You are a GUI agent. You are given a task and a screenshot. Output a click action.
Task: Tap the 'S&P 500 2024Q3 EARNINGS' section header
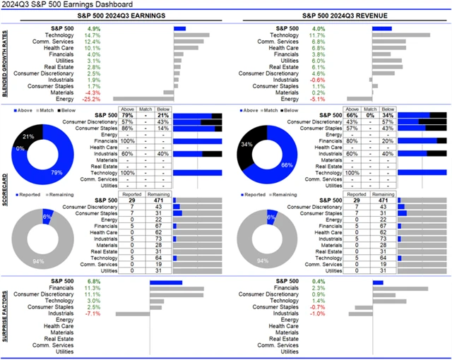pos(121,16)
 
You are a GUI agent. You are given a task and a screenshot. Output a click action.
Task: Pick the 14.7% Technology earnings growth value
pos(93,35)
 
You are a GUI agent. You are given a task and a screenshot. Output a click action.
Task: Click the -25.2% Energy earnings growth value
pos(93,99)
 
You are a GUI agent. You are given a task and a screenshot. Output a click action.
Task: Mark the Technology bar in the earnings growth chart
pos(191,35)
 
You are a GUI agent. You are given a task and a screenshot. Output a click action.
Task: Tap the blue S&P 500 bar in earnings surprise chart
pos(165,282)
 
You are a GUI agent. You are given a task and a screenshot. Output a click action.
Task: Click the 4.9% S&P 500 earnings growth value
pos(93,29)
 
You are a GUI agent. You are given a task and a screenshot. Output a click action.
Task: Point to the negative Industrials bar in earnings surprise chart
pos(132,313)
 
